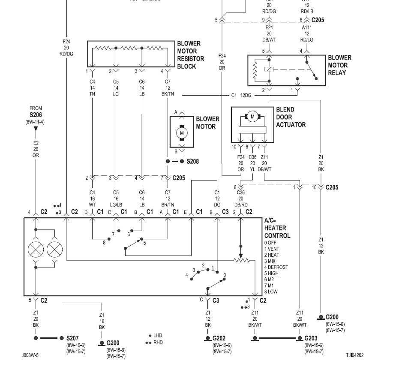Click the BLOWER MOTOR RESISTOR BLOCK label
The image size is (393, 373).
click(191, 55)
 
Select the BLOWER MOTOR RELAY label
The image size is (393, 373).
click(339, 65)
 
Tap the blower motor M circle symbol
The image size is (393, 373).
click(182, 133)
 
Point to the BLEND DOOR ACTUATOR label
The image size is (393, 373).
click(291, 117)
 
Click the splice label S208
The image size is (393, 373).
click(193, 162)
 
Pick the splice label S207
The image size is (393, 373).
click(71, 338)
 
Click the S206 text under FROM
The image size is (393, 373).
click(36, 115)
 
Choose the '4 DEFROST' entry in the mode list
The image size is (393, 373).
click(276, 267)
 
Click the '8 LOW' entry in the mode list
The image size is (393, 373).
click(273, 292)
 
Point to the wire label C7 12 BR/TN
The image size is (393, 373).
click(168, 199)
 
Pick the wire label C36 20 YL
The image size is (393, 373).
click(253, 163)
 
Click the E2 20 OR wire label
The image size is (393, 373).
click(36, 150)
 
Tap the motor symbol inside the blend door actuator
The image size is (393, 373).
click(252, 117)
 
